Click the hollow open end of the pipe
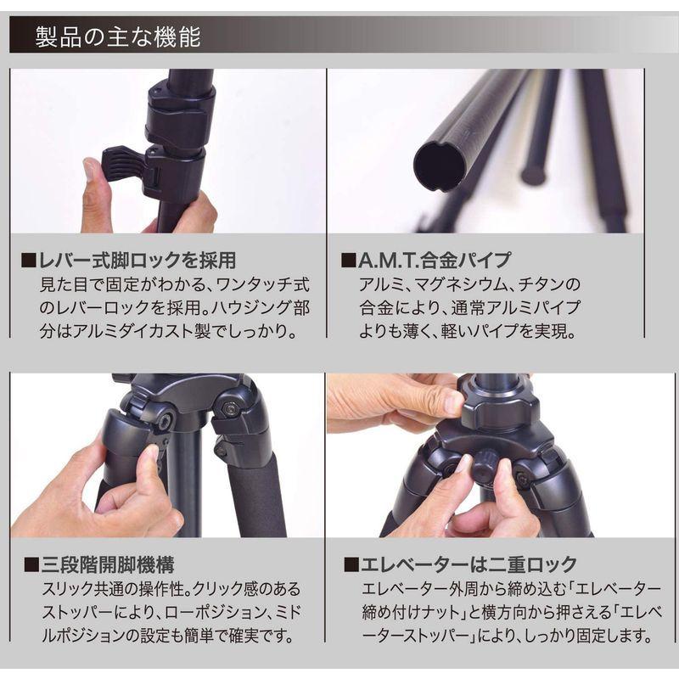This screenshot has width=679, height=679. click(439, 164)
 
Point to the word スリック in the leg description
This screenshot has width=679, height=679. click(65, 589)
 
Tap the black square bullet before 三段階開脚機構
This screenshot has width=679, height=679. click(31, 565)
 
